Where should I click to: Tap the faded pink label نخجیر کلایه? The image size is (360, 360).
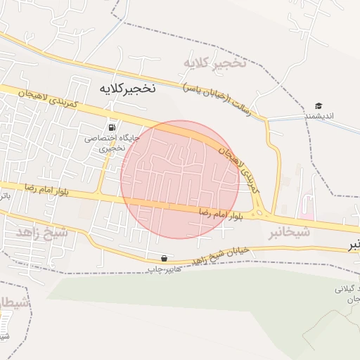coord(215,63)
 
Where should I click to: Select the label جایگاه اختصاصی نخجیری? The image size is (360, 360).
coord(113,143)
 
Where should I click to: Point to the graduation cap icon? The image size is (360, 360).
coord(319,105)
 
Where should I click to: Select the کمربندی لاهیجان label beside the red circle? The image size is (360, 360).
coord(240,167)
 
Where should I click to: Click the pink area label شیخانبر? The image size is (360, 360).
coord(289,232)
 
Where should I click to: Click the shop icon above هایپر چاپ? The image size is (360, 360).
coord(165,258)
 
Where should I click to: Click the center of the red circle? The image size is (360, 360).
coord(180,179)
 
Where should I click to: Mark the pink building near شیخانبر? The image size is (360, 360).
coord(308,209)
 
